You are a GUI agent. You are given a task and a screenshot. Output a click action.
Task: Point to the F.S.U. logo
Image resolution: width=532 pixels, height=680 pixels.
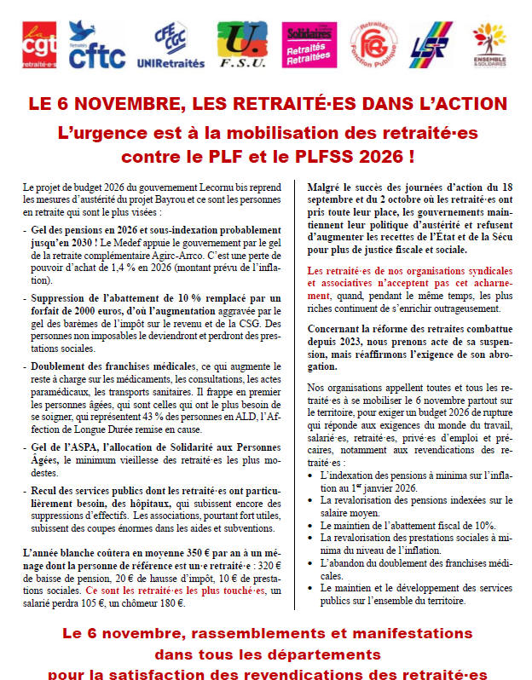pos(241,46)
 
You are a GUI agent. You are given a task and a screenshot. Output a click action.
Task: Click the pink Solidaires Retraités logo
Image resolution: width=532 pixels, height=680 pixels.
pos(308,46)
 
